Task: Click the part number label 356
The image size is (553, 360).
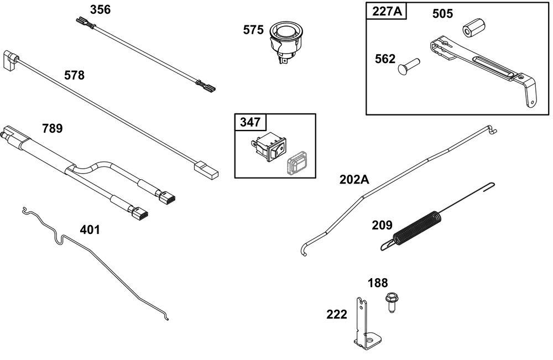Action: coord(100,10)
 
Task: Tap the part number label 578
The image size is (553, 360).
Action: coord(74,75)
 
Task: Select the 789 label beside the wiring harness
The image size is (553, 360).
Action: coord(52,128)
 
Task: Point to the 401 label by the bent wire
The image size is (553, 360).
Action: coord(90,230)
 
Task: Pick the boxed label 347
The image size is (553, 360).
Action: coord(250,122)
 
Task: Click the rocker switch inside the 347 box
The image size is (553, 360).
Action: coord(269,147)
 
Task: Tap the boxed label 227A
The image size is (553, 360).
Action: coord(387,11)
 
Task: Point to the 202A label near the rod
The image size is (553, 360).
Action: coord(354,180)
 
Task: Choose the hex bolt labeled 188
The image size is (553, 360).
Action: coord(391,302)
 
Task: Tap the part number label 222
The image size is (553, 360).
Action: coord(336,314)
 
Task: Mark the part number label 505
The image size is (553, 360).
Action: coord(442,14)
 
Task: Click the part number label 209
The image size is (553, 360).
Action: coord(382,225)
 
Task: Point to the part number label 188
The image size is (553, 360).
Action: coord(378,283)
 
